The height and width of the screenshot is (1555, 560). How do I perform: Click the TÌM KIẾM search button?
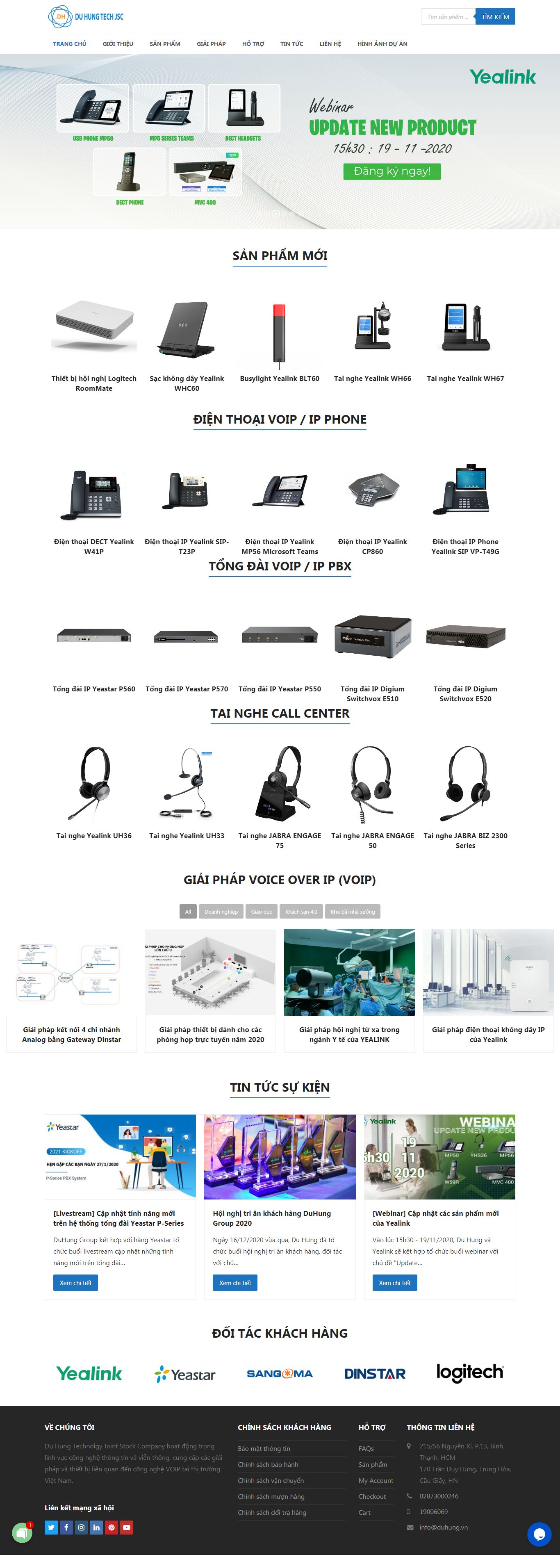[495, 17]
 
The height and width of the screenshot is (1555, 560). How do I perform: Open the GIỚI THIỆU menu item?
[118, 44]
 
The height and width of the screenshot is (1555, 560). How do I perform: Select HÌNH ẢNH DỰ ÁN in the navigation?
[382, 44]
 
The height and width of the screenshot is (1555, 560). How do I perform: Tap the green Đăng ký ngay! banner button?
[392, 171]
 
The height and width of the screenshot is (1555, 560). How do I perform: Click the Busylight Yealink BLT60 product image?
[280, 334]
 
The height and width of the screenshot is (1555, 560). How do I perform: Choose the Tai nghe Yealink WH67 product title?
[465, 378]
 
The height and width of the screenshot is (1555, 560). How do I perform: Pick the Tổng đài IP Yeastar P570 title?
[187, 689]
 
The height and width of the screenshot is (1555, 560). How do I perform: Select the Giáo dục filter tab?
[261, 912]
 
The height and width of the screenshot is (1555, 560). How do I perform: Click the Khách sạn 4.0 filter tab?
[301, 912]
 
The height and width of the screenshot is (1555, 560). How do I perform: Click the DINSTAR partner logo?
[375, 1374]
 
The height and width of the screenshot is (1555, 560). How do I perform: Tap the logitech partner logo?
[469, 1373]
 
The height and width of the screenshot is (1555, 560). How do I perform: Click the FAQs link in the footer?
[366, 1449]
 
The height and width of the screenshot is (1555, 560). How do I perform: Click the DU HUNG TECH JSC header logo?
[86, 17]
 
